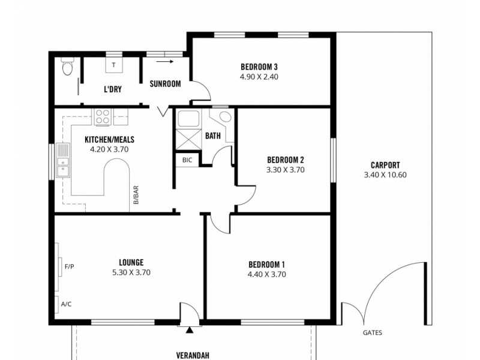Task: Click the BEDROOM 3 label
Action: point(259,67)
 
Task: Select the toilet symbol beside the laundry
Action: point(67,69)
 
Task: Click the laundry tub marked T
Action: point(113,65)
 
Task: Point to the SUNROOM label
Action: point(165,84)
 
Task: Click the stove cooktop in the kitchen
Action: point(102,116)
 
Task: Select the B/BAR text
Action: point(136,196)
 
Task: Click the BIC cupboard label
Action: point(187,161)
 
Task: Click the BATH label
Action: point(213,136)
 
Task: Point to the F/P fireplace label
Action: point(69,266)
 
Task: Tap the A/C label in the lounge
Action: point(66,304)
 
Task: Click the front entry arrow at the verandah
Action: point(190,329)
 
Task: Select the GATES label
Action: point(372,333)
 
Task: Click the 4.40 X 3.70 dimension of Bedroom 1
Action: point(266,275)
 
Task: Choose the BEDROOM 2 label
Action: point(286,160)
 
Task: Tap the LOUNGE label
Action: point(131,262)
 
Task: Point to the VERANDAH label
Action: point(193,354)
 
